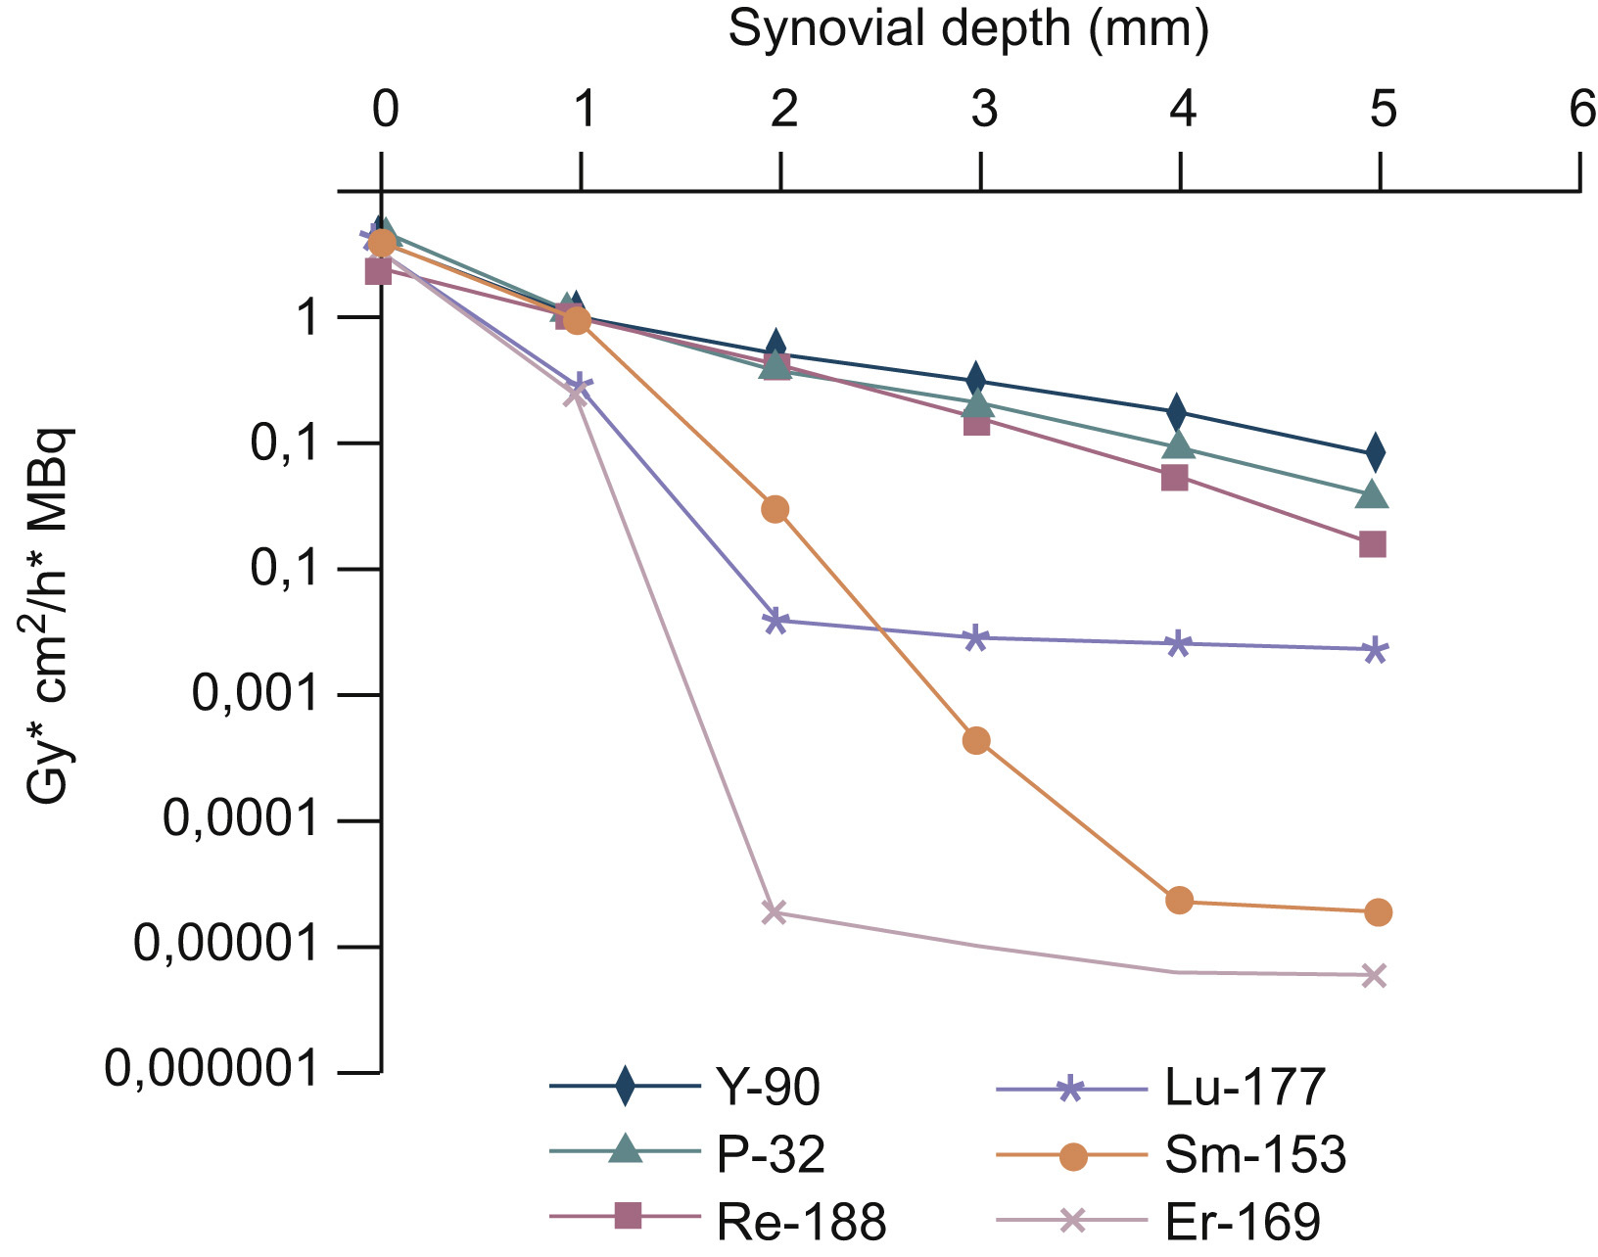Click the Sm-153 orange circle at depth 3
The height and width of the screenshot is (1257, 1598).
[x=975, y=740]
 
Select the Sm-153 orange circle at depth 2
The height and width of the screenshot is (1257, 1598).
[x=775, y=509]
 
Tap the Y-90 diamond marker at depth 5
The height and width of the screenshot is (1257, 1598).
[x=1376, y=452]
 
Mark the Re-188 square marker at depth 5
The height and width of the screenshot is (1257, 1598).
[x=1373, y=544]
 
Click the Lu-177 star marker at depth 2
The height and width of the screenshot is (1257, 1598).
[x=775, y=621]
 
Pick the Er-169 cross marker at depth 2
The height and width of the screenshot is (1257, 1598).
[x=775, y=912]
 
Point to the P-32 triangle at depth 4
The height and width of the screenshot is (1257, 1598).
[x=1179, y=445]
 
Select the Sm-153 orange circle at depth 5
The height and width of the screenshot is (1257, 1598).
[x=1378, y=912]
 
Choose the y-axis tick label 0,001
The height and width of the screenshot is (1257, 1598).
[x=256, y=694]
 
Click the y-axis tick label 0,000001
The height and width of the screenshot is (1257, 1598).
[x=211, y=1069]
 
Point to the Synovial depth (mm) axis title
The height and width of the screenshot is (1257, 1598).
[x=968, y=29]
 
